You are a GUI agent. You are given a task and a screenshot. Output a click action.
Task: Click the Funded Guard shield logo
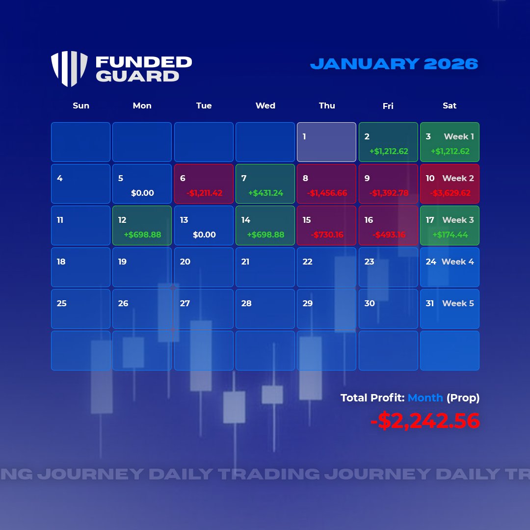[69, 69]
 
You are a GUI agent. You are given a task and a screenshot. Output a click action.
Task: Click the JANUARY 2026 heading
[394, 64]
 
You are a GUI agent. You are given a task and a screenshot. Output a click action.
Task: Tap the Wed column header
[265, 106]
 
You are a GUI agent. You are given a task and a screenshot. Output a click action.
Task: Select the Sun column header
[81, 106]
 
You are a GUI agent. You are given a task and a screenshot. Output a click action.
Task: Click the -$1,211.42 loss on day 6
[204, 193]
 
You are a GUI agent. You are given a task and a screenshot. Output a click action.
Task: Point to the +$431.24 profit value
[265, 193]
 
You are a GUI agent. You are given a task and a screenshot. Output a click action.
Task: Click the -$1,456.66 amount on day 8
[327, 193]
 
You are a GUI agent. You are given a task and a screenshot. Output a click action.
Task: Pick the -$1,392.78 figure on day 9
[389, 193]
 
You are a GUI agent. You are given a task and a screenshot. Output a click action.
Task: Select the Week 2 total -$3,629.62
[450, 193]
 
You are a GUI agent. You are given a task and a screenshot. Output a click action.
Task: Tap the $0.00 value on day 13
[204, 235]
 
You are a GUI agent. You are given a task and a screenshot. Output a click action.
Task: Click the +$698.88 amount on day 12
[142, 235]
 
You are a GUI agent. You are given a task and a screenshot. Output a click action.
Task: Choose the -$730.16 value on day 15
[327, 235]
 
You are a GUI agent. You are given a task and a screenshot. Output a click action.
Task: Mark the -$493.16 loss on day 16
[389, 235]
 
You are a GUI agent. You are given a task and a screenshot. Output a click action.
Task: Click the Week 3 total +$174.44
[450, 235]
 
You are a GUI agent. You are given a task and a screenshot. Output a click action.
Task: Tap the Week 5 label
[458, 303]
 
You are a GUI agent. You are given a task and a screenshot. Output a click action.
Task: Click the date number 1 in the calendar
[304, 136]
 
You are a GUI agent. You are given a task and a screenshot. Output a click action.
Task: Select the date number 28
[246, 303]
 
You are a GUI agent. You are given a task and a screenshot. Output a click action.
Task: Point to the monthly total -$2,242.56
[424, 421]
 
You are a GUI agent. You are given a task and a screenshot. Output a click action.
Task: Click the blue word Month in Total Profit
[425, 398]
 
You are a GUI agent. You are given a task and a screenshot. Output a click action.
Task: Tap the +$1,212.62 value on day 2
[389, 152]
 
